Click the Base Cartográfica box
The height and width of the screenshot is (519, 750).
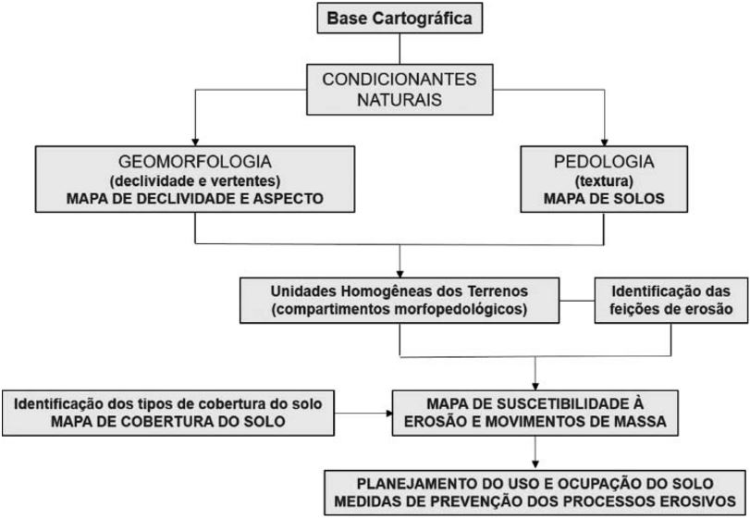pyautogui.click(x=399, y=18)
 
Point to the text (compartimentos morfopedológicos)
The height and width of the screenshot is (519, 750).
pyautogui.click(x=399, y=308)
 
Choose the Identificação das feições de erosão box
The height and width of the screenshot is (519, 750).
pyautogui.click(x=670, y=298)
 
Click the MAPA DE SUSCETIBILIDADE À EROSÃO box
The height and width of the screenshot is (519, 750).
pyautogui.click(x=534, y=414)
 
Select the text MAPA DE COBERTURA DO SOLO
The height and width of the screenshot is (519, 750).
pyautogui.click(x=174, y=423)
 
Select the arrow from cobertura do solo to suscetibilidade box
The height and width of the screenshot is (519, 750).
pyautogui.click(x=365, y=414)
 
